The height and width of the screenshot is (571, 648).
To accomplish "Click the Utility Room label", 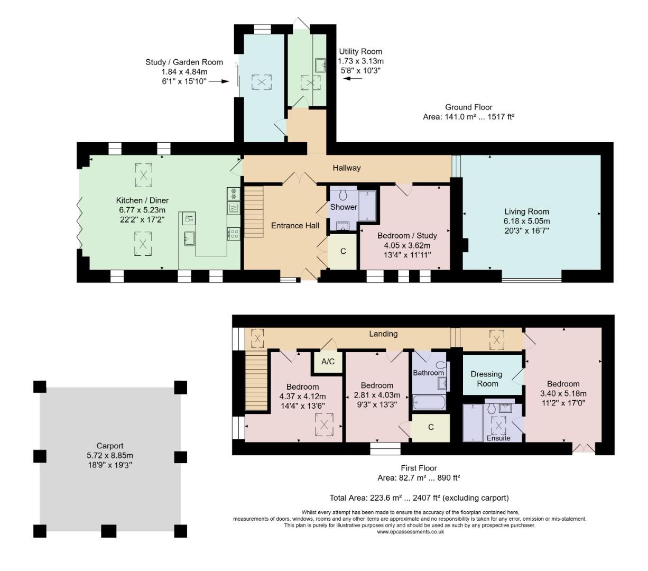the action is pyautogui.click(x=360, y=51).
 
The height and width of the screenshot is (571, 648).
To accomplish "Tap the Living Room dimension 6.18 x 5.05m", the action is pyautogui.click(x=526, y=221).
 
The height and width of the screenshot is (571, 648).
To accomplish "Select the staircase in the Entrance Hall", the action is pyautogui.click(x=254, y=212).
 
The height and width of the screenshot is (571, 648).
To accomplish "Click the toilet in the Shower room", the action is pyautogui.click(x=344, y=195).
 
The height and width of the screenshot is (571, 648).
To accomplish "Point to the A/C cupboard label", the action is pyautogui.click(x=328, y=362).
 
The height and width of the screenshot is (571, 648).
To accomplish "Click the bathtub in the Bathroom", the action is pyautogui.click(x=429, y=402).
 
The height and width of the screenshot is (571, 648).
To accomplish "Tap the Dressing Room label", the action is pyautogui.click(x=486, y=379).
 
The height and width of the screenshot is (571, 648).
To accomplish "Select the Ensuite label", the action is pyautogui.click(x=498, y=438).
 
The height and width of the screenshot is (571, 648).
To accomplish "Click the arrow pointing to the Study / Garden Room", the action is pyautogui.click(x=219, y=81).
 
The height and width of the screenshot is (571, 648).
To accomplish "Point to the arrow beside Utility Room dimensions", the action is pyautogui.click(x=353, y=78).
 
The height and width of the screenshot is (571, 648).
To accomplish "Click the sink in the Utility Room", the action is pyautogui.click(x=320, y=65).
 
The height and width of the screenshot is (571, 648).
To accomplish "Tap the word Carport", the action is pyautogui.click(x=110, y=446).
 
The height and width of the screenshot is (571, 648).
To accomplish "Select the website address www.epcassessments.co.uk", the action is pyautogui.click(x=410, y=532).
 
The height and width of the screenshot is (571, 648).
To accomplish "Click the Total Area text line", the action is pyautogui.click(x=419, y=498).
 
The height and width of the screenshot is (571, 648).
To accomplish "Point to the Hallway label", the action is pyautogui.click(x=346, y=168).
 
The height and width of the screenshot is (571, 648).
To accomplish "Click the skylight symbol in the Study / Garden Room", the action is pyautogui.click(x=261, y=82).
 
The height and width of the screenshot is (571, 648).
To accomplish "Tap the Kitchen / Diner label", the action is pyautogui.click(x=142, y=200).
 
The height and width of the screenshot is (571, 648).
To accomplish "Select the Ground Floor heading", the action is pyautogui.click(x=469, y=107).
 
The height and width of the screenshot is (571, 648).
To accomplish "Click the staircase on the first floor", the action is pyautogui.click(x=256, y=380).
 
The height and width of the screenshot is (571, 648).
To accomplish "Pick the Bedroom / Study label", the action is pyautogui.click(x=407, y=236).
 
